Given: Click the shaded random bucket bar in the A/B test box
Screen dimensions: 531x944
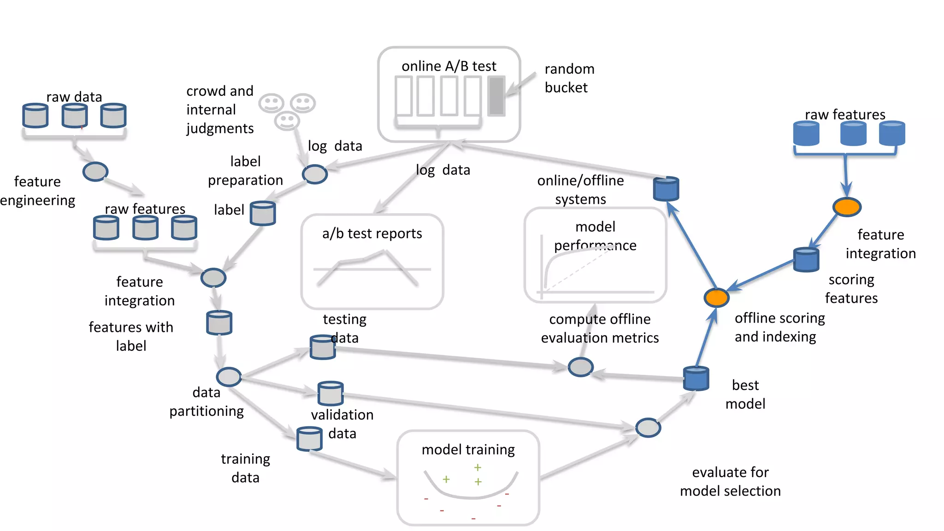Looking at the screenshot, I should (496, 96).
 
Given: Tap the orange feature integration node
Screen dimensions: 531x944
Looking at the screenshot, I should (847, 207).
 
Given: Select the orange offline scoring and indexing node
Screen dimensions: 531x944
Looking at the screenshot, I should (716, 298).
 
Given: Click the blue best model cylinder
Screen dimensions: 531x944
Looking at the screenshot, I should (696, 378).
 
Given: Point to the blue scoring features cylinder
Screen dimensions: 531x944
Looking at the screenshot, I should (806, 260).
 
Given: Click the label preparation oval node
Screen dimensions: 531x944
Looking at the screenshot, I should (315, 175).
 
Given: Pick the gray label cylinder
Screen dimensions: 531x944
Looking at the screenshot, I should (263, 213).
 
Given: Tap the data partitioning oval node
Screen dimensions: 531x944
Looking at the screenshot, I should (229, 377).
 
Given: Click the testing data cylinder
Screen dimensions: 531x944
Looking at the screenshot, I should (322, 348).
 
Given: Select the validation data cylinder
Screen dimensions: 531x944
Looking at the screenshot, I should (330, 393).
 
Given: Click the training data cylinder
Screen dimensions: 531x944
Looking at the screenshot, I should (309, 438).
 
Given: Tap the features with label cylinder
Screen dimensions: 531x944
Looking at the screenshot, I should (219, 322).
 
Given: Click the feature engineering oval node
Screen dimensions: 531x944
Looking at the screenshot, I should (95, 172).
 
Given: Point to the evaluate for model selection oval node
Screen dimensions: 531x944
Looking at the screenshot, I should (648, 428).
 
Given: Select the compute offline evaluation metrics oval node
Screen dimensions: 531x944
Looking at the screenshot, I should (580, 367).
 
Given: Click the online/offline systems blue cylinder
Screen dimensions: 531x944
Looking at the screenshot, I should (666, 189).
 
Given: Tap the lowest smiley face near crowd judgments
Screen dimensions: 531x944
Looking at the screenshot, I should (287, 121).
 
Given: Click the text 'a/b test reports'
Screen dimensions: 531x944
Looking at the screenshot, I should (372, 234).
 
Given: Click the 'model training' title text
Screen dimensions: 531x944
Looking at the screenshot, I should (468, 449).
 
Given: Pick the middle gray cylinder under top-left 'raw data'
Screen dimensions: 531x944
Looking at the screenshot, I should (75, 116).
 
